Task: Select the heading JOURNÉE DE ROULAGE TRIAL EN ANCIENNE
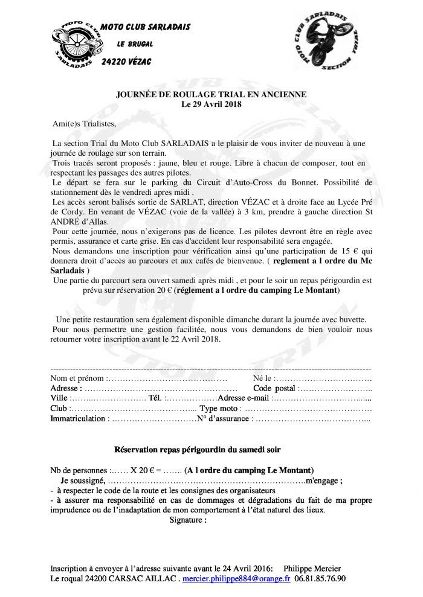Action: tap(211, 94)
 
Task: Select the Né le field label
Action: tap(263, 378)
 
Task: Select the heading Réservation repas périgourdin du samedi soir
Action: tap(197, 450)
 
